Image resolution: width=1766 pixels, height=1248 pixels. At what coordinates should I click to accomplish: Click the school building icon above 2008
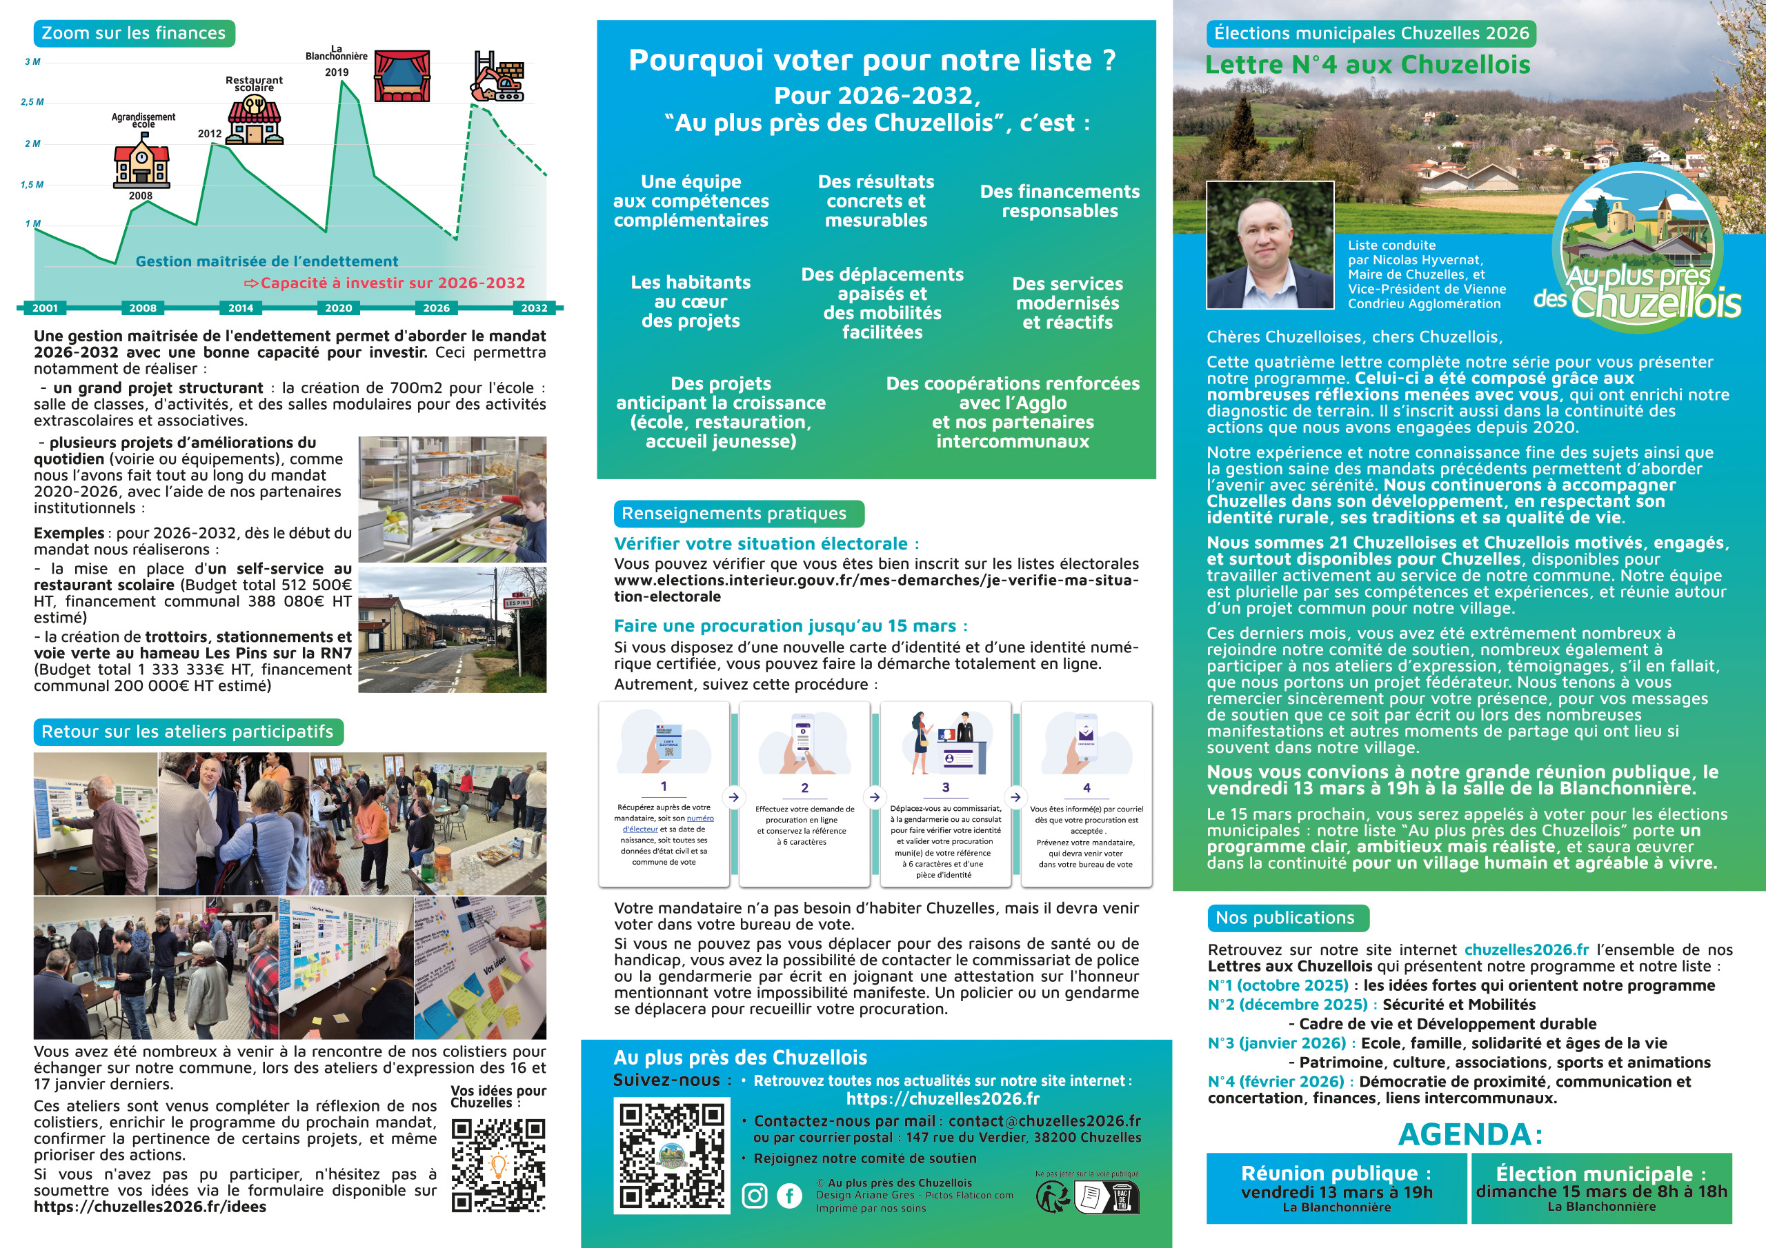point(141,161)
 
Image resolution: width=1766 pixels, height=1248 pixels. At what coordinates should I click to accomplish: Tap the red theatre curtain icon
point(401,76)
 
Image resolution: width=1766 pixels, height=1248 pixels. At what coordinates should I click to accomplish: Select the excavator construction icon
point(499,77)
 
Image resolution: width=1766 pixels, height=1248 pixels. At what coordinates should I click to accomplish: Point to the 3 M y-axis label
point(32,61)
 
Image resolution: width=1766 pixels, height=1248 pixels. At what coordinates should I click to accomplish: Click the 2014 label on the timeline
point(241,308)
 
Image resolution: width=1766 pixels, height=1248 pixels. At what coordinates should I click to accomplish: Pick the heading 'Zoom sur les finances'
point(134,33)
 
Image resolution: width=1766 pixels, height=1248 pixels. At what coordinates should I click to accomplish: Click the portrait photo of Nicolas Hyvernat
point(1270,245)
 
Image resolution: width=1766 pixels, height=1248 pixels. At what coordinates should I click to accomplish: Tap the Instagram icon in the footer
point(755,1196)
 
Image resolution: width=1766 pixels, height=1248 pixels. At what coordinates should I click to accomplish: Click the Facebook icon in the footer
point(789,1196)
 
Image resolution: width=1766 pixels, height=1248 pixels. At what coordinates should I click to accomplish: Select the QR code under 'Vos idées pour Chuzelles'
point(499,1165)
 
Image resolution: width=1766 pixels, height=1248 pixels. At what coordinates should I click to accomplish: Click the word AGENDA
point(1470,1134)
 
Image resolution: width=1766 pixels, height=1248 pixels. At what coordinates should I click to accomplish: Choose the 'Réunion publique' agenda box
point(1336,1188)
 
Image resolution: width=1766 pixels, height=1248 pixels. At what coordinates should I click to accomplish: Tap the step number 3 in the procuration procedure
point(945,787)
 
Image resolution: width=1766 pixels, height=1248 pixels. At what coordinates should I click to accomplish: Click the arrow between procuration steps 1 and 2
point(734,796)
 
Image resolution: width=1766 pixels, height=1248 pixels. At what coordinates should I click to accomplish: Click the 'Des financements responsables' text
point(1059,201)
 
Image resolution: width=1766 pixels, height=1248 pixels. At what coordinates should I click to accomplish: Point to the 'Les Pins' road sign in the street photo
point(517,602)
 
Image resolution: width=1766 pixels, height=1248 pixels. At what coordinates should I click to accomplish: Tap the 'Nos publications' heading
point(1284,917)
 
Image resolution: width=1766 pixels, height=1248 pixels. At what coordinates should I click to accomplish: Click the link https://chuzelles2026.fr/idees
point(150,1207)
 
